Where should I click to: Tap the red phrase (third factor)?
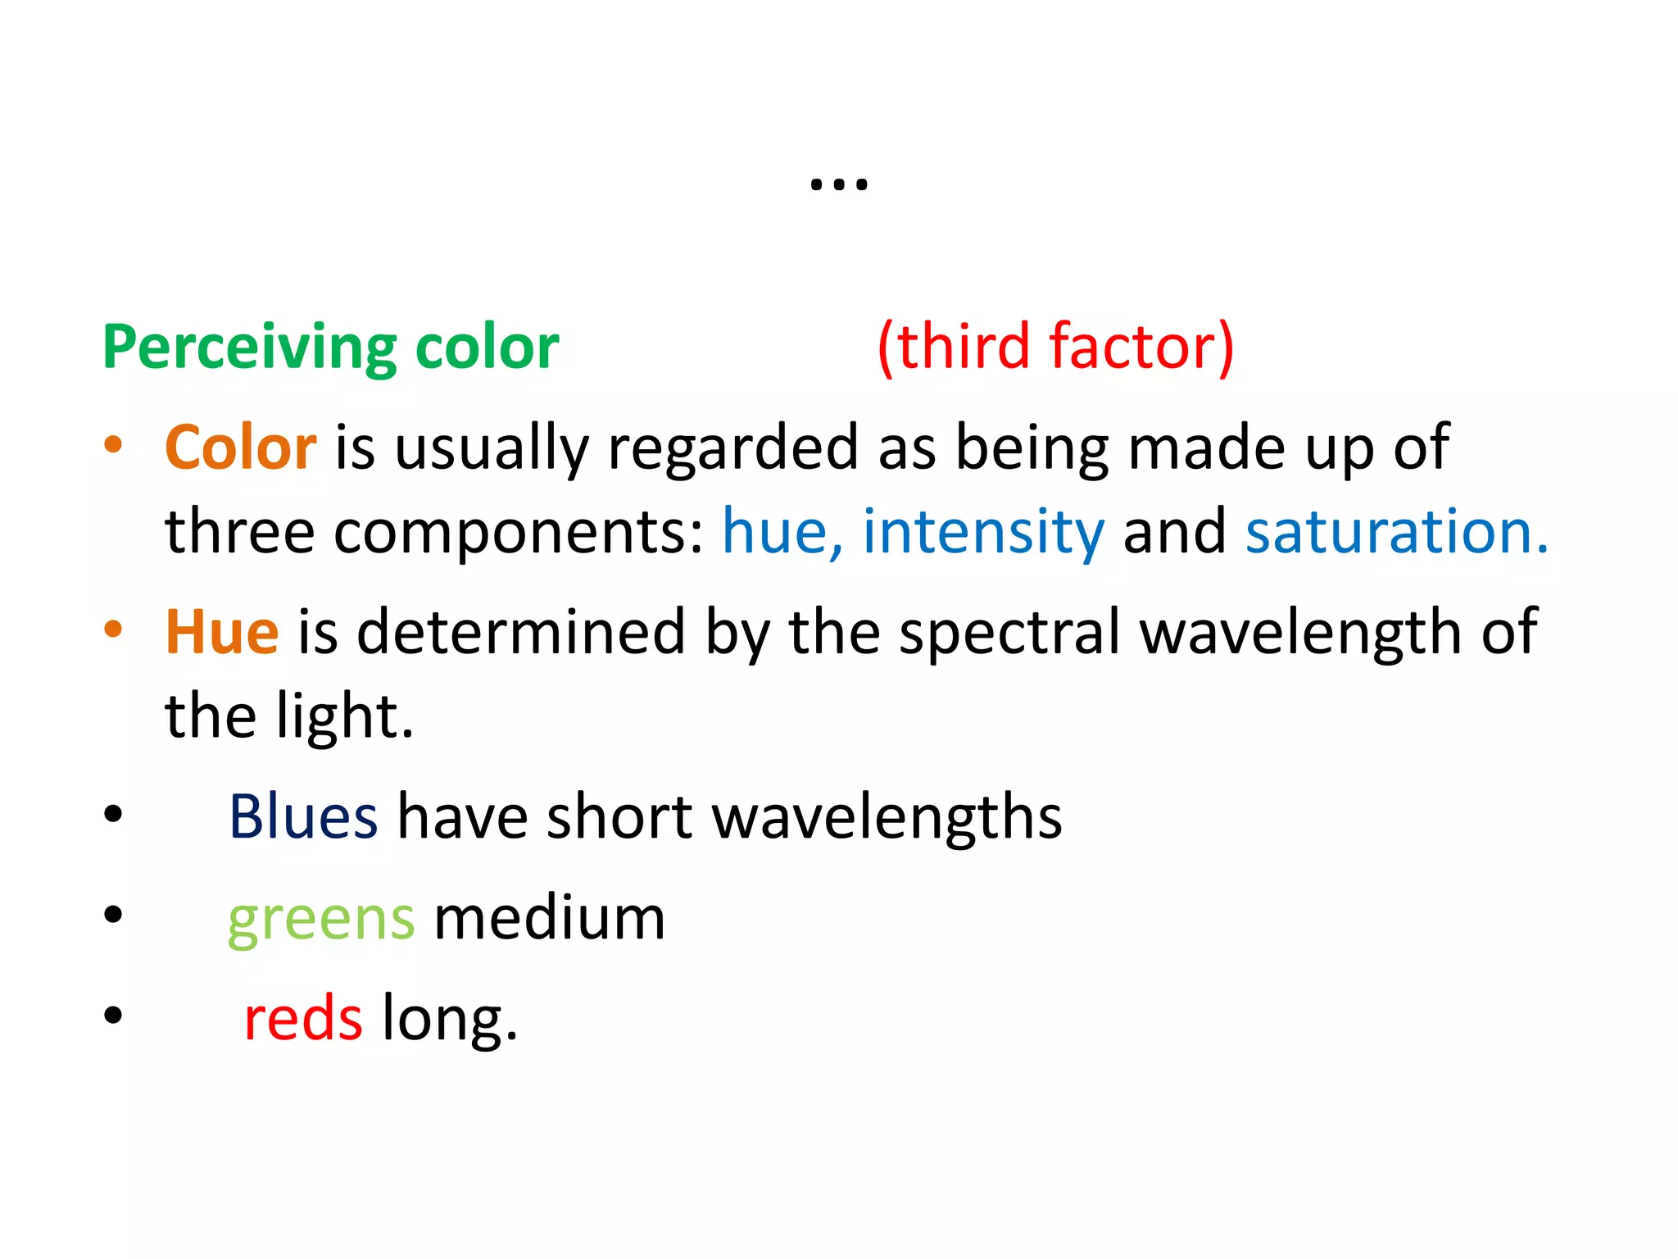tap(1055, 347)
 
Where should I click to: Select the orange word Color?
tap(240, 448)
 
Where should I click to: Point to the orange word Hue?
tap(222, 632)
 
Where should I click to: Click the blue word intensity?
tap(983, 531)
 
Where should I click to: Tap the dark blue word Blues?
tap(302, 816)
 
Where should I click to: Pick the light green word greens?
tap(321, 919)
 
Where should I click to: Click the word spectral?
tap(1009, 633)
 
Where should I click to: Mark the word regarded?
tap(732, 449)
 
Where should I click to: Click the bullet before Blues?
tap(113, 814)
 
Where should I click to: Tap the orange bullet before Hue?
tap(113, 629)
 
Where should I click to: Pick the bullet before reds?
tap(113, 1016)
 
